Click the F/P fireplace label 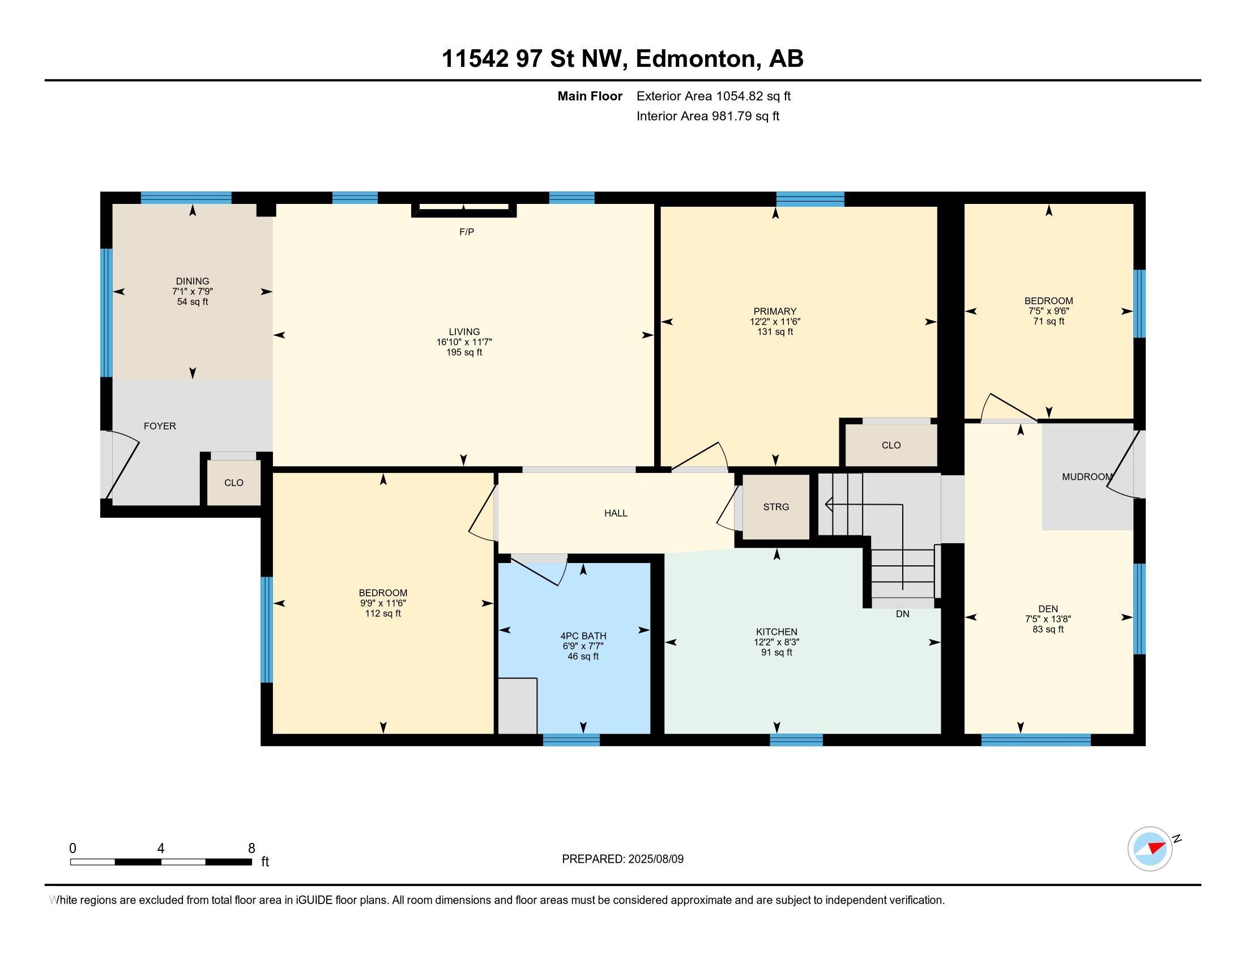(466, 232)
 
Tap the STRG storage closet (776, 506)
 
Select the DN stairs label (903, 614)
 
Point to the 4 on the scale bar (161, 849)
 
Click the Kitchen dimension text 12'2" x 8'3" (776, 642)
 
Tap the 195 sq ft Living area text (464, 352)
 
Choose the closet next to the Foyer (233, 483)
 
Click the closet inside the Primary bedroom (890, 445)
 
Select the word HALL (616, 513)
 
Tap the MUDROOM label (1087, 477)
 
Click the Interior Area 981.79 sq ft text (707, 116)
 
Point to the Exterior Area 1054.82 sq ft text (713, 96)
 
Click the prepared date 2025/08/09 (655, 859)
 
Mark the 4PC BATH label (582, 636)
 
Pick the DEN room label (1048, 609)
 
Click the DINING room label (192, 282)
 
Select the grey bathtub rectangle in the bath (518, 706)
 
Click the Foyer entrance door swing (122, 465)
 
